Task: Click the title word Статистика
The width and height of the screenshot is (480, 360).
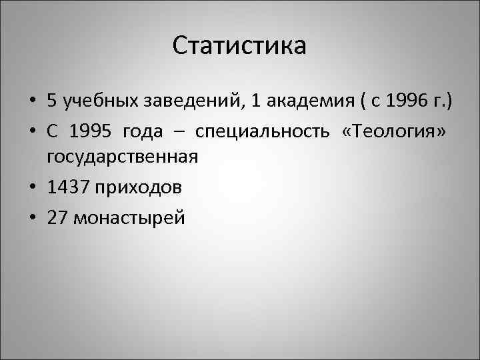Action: click(x=239, y=46)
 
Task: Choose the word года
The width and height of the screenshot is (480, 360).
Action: click(x=143, y=131)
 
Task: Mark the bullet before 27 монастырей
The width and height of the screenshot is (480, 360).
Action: click(x=31, y=219)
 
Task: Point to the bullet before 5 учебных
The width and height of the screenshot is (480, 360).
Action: click(x=31, y=102)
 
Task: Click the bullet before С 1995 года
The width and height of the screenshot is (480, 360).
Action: click(x=31, y=131)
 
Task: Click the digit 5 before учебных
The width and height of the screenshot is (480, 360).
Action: click(x=51, y=101)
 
